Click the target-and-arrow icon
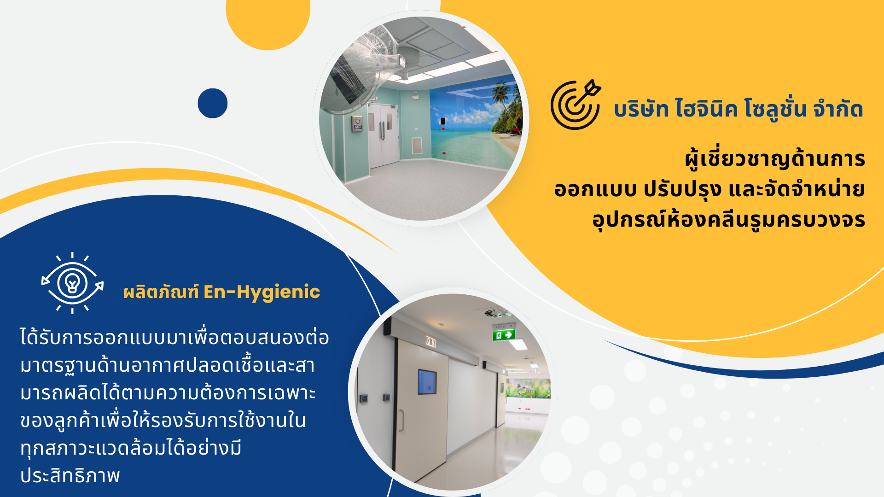(x=576, y=105)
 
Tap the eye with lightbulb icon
(x=72, y=283)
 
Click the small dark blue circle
(x=213, y=103)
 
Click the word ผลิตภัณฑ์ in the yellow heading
(x=161, y=292)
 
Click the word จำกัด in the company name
(x=838, y=109)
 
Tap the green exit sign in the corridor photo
(x=504, y=335)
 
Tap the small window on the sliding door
(x=427, y=382)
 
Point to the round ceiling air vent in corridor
(x=494, y=313)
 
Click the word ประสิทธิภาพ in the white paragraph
(x=70, y=476)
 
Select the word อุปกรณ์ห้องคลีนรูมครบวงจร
(x=728, y=220)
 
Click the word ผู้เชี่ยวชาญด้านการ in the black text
(x=775, y=159)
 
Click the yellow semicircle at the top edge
(x=268, y=21)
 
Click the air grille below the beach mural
(x=416, y=146)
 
